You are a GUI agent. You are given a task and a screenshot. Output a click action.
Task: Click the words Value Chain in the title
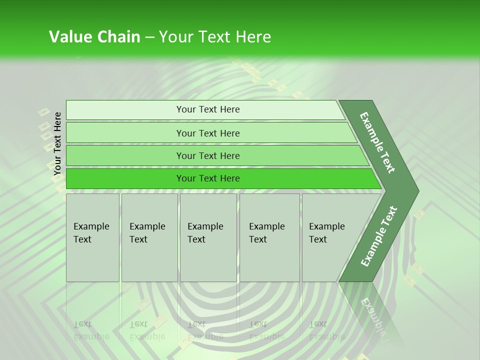point(94,37)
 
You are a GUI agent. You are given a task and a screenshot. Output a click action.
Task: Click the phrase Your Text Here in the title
point(215,37)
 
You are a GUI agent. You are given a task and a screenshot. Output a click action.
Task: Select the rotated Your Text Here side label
point(57,143)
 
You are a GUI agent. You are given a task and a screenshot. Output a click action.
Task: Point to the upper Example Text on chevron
point(377,142)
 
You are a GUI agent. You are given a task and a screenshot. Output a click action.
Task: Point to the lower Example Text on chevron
point(378,236)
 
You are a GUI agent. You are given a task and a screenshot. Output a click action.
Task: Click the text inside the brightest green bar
point(208,178)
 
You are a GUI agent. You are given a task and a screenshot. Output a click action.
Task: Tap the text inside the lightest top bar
point(208,109)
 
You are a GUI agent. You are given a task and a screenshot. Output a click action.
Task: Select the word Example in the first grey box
point(91,226)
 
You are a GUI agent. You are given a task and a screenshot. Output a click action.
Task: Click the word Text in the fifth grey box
point(318,239)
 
